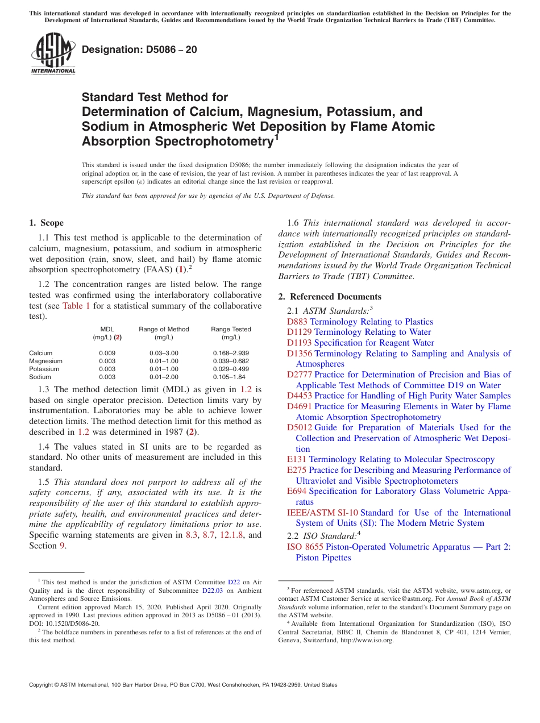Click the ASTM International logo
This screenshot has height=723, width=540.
pos(53,53)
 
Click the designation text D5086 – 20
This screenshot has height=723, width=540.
pos(139,50)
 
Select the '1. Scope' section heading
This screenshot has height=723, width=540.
pos(46,223)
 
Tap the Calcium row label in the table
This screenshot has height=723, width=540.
pos(41,353)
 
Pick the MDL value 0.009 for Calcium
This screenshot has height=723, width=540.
pos(107,353)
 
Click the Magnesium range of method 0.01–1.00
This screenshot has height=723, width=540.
pos(164,361)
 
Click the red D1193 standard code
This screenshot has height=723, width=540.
pos(299,343)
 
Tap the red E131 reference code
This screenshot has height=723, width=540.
pos(297,459)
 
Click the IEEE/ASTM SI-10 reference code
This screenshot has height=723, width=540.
pos(322,513)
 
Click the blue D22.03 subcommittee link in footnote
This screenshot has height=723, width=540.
pos(211,591)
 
